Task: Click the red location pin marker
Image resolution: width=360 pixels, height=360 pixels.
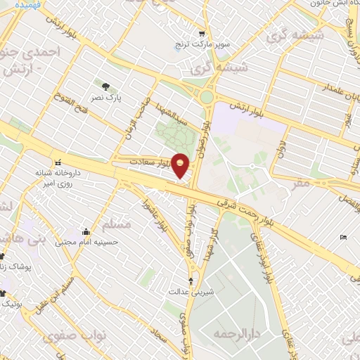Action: pyautogui.click(x=180, y=165)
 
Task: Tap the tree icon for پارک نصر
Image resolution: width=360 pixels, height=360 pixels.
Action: pyautogui.click(x=106, y=87)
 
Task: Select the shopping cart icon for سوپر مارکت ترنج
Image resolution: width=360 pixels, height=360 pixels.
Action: pyautogui.click(x=202, y=34)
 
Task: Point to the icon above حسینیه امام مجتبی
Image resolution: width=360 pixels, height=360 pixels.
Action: pyautogui.click(x=86, y=232)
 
